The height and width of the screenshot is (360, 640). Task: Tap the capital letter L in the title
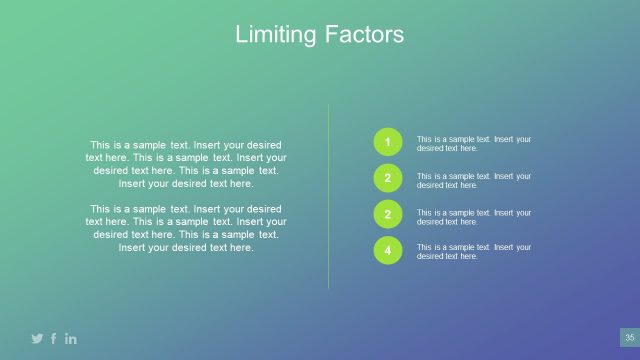coord(241,35)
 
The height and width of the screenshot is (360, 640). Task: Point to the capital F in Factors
coord(330,35)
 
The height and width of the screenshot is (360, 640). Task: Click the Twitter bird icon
coord(37,339)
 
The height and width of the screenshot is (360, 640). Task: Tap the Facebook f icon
coord(54,339)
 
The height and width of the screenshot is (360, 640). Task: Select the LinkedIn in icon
coord(71,339)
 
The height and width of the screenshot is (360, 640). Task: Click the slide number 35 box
coord(629,338)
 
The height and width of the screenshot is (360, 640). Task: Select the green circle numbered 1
coord(388,143)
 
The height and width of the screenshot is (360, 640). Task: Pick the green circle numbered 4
coord(388,251)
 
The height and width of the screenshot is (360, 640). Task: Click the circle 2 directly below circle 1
coord(388,179)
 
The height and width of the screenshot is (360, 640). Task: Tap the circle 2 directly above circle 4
coord(388,215)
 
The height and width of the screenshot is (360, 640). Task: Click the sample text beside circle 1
coord(473,144)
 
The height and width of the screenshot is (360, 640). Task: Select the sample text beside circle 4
coord(473,252)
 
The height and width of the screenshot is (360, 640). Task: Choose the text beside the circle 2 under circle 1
coord(473,180)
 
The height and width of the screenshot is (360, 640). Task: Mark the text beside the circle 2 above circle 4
coord(473,216)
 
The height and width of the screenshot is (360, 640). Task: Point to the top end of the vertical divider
coord(329,105)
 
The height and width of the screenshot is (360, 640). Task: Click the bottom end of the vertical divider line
coord(329,288)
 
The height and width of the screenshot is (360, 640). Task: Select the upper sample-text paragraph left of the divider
coord(186,164)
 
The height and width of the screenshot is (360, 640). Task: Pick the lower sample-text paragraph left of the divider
coord(186,228)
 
